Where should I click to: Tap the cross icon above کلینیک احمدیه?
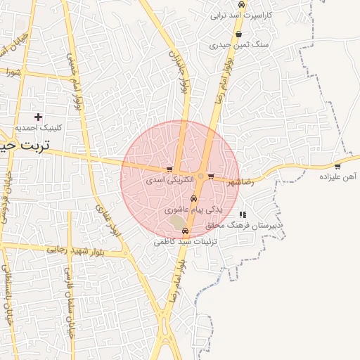(38, 117)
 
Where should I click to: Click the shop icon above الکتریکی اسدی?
(169, 169)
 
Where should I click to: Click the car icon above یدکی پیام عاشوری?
(194, 199)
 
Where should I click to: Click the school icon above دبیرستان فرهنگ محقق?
(243, 214)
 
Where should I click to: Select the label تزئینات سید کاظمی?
(184, 241)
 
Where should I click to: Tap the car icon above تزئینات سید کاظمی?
(185, 231)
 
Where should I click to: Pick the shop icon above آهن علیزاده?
(337, 167)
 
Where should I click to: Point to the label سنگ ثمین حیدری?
(239, 44)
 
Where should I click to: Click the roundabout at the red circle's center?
(200, 176)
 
